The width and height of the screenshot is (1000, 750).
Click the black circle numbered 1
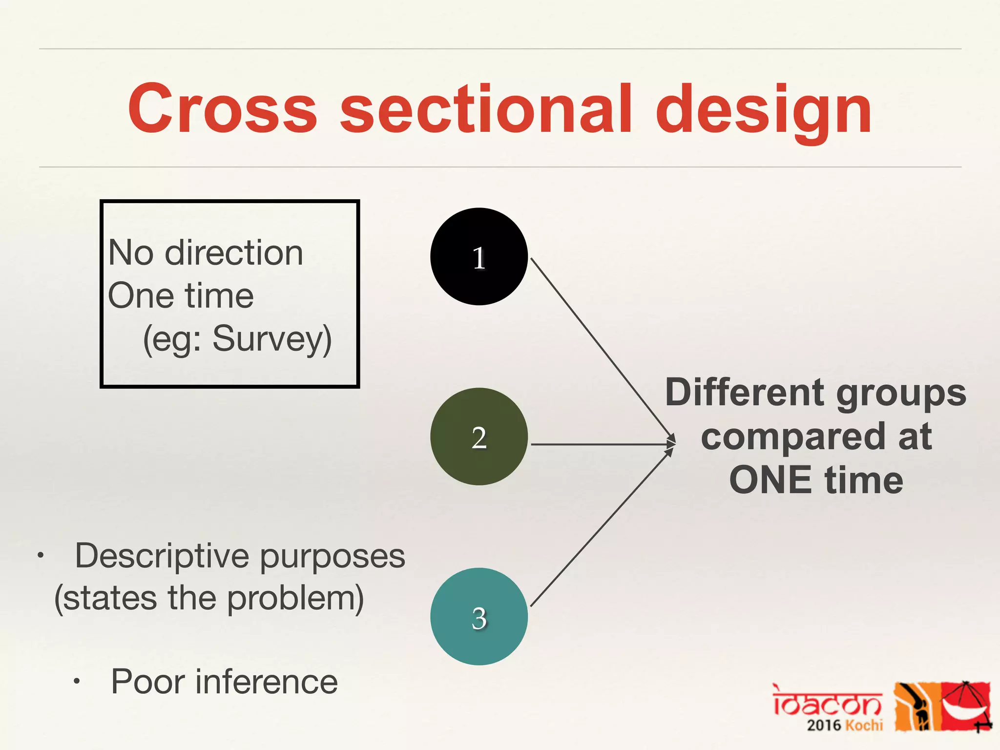479,256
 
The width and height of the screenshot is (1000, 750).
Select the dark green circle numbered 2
479,437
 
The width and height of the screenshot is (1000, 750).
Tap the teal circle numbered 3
479,616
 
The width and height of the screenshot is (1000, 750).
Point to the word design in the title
764,110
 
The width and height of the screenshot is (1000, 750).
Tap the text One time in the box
181,295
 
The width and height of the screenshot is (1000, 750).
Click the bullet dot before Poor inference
76,682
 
